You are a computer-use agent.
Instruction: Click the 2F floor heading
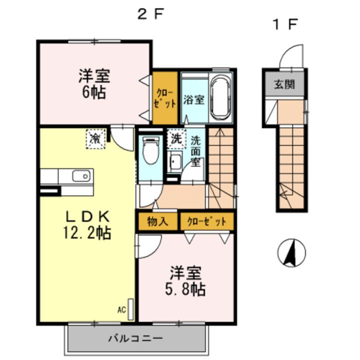tap(150, 15)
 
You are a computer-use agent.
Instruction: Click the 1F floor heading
tap(285, 24)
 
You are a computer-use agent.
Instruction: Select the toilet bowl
tap(151, 150)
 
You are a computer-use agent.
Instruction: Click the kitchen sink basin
tap(81, 176)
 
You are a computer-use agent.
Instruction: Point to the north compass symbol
tap(291, 252)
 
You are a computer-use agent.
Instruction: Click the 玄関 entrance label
tap(284, 84)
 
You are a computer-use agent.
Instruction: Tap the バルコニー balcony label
tap(135, 338)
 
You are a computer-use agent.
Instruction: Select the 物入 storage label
tap(157, 221)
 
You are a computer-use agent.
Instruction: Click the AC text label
tap(121, 310)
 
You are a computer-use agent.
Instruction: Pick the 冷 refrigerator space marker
tap(95, 138)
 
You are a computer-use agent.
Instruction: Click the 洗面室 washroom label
tap(196, 151)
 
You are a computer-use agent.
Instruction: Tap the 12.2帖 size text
tap(87, 233)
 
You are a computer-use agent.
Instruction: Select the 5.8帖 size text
tap(185, 289)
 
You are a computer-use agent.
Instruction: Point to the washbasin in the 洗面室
tap(174, 161)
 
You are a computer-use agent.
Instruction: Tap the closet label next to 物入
tap(206, 222)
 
